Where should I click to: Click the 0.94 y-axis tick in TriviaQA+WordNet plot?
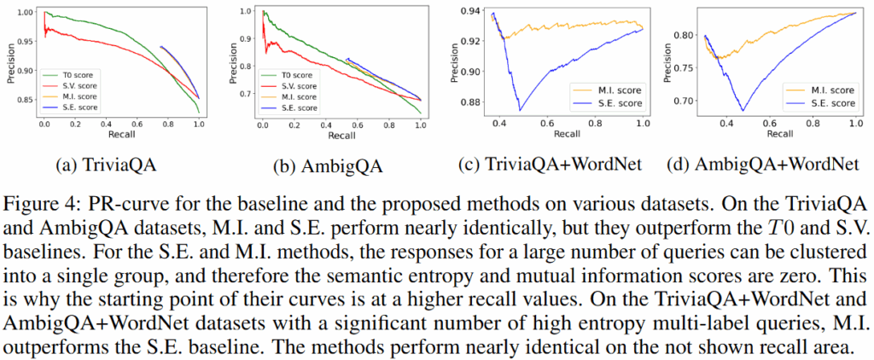469,11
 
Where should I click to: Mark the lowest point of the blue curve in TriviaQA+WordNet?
520,110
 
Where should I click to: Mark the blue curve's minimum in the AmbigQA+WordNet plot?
743,110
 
